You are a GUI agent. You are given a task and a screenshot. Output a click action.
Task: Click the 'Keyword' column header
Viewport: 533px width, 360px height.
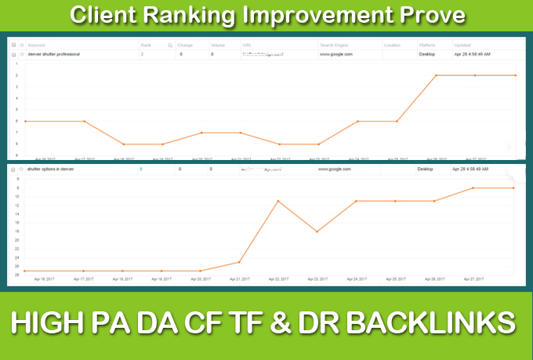point(37,45)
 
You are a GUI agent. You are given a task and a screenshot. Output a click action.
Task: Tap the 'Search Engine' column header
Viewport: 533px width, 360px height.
point(335,45)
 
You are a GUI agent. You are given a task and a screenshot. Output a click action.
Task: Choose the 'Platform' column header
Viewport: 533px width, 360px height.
point(428,45)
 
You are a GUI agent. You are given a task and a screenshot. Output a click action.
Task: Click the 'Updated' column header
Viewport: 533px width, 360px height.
point(463,45)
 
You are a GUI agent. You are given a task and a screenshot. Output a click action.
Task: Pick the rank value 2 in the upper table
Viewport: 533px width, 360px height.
point(142,55)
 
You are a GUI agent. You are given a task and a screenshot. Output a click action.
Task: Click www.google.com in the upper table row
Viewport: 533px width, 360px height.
point(336,55)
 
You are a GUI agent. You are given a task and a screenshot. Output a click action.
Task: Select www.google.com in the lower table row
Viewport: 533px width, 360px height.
point(335,169)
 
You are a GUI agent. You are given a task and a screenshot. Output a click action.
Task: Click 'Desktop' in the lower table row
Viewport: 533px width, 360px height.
point(426,169)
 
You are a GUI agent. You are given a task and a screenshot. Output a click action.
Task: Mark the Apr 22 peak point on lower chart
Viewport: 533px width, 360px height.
point(278,201)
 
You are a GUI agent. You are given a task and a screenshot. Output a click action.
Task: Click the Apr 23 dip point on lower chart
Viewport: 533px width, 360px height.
point(317,231)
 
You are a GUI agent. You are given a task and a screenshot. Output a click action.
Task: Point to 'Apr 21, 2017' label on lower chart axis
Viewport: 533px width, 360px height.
point(240,278)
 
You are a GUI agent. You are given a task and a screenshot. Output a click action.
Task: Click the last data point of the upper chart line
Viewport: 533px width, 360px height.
point(514,75)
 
